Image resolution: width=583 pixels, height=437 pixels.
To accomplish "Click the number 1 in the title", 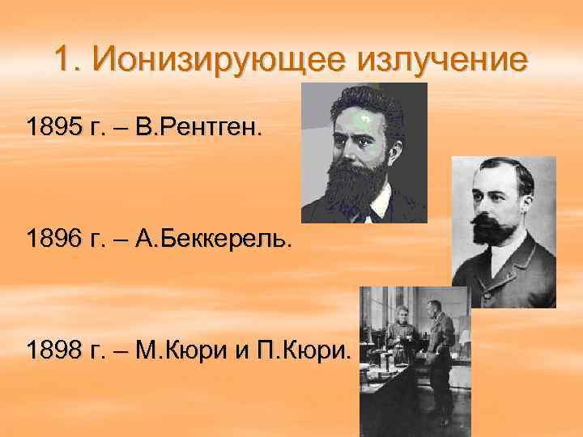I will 65,59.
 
